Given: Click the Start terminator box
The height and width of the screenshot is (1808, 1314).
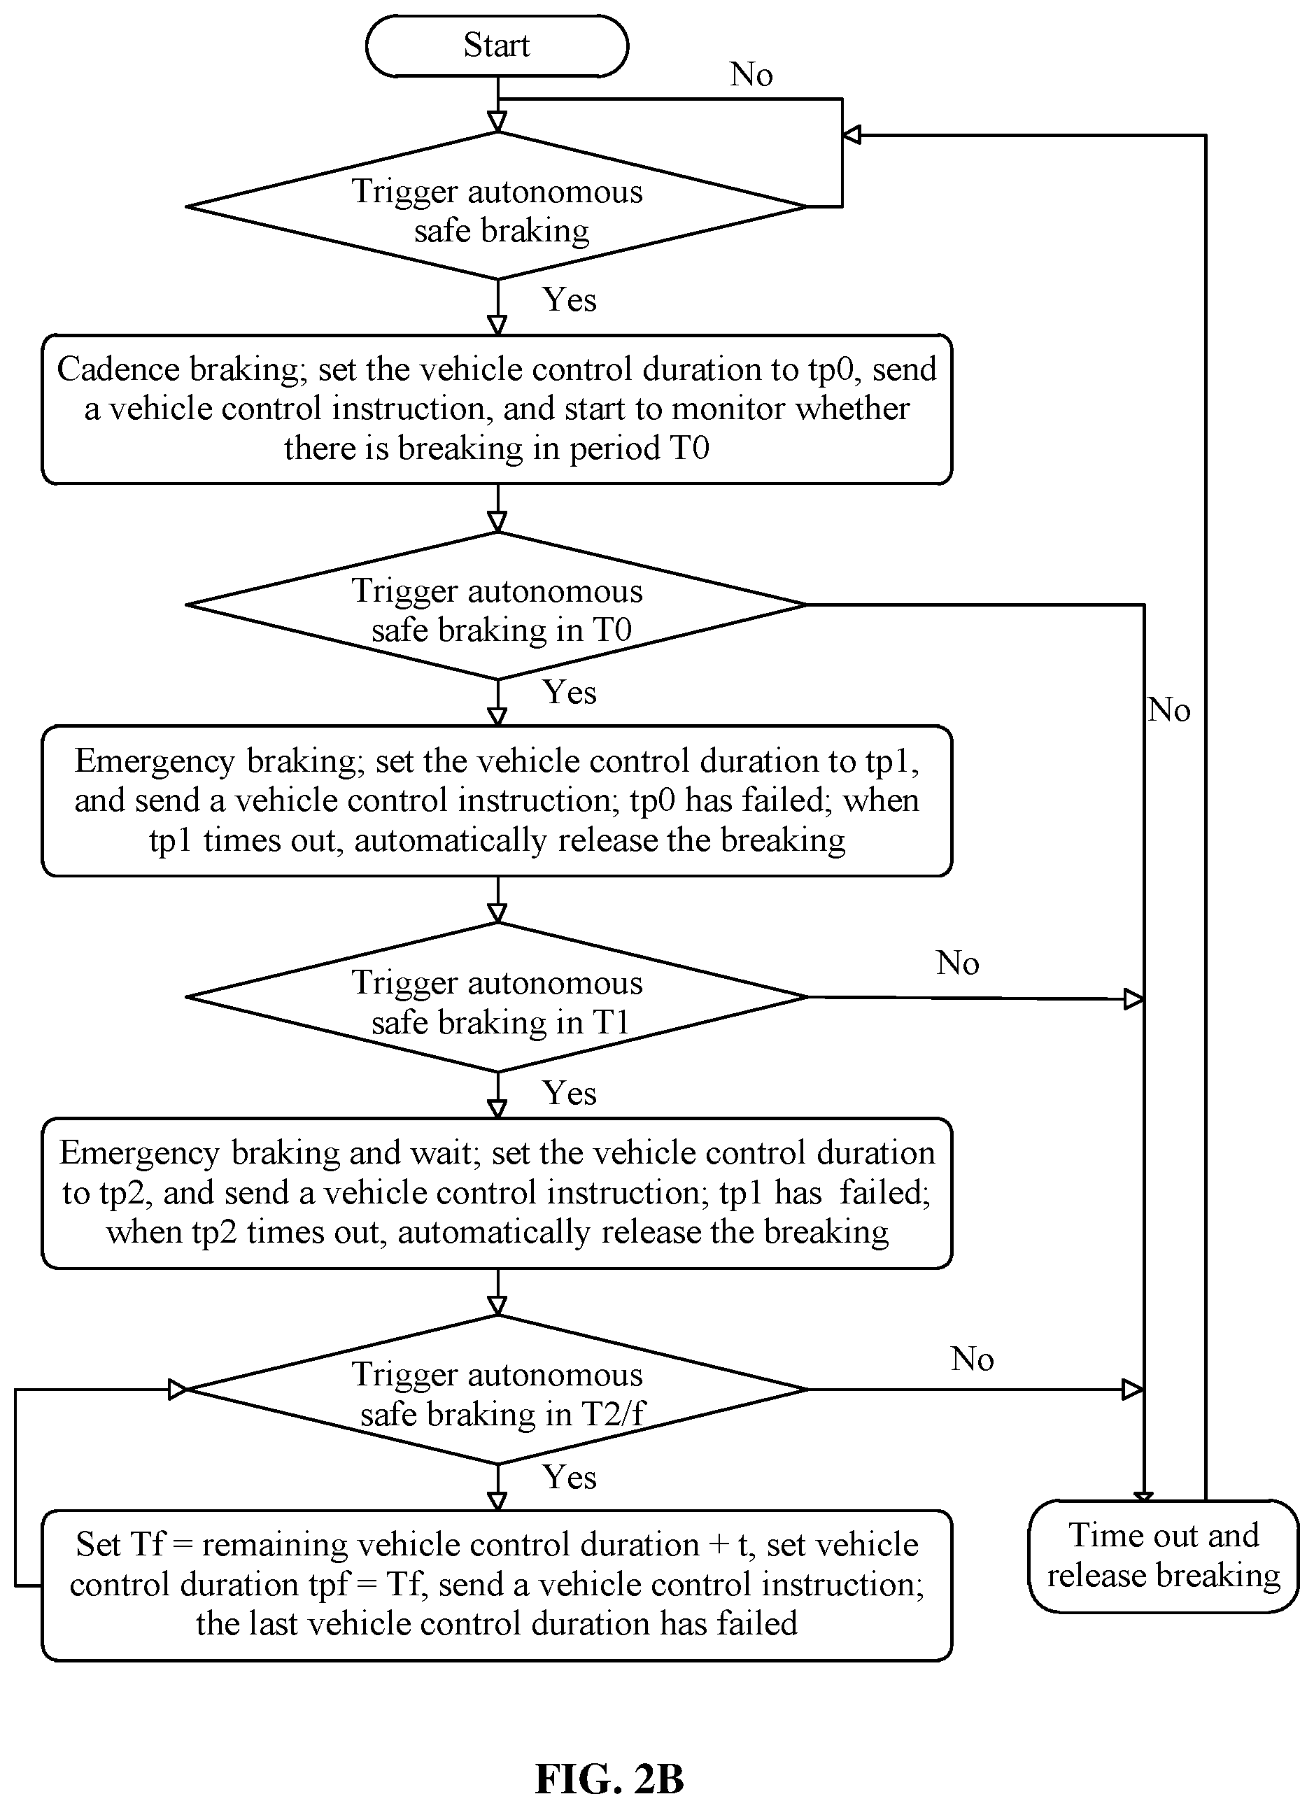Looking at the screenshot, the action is (x=497, y=45).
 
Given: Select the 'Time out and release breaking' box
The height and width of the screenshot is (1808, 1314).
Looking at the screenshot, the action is (x=1164, y=1556).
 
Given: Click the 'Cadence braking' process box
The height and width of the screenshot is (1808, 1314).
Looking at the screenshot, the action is (x=497, y=409).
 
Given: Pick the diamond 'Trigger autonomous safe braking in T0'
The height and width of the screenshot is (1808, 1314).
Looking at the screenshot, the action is (x=497, y=605).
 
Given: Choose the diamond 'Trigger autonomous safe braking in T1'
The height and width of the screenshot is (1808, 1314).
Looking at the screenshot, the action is (x=497, y=997).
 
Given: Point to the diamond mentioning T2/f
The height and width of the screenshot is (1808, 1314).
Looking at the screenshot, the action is (x=497, y=1390).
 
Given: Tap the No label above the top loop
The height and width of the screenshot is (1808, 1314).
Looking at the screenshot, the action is (x=751, y=75).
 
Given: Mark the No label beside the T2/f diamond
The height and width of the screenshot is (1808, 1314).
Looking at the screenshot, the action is (x=973, y=1359).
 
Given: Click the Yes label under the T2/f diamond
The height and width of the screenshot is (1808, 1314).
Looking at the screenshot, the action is (x=570, y=1477).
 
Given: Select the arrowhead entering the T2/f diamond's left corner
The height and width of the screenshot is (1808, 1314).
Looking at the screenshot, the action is (x=178, y=1390).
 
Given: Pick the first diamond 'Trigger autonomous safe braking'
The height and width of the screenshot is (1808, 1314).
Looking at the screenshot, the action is (x=497, y=206).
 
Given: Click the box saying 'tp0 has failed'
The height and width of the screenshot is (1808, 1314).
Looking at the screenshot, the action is (x=497, y=801).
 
